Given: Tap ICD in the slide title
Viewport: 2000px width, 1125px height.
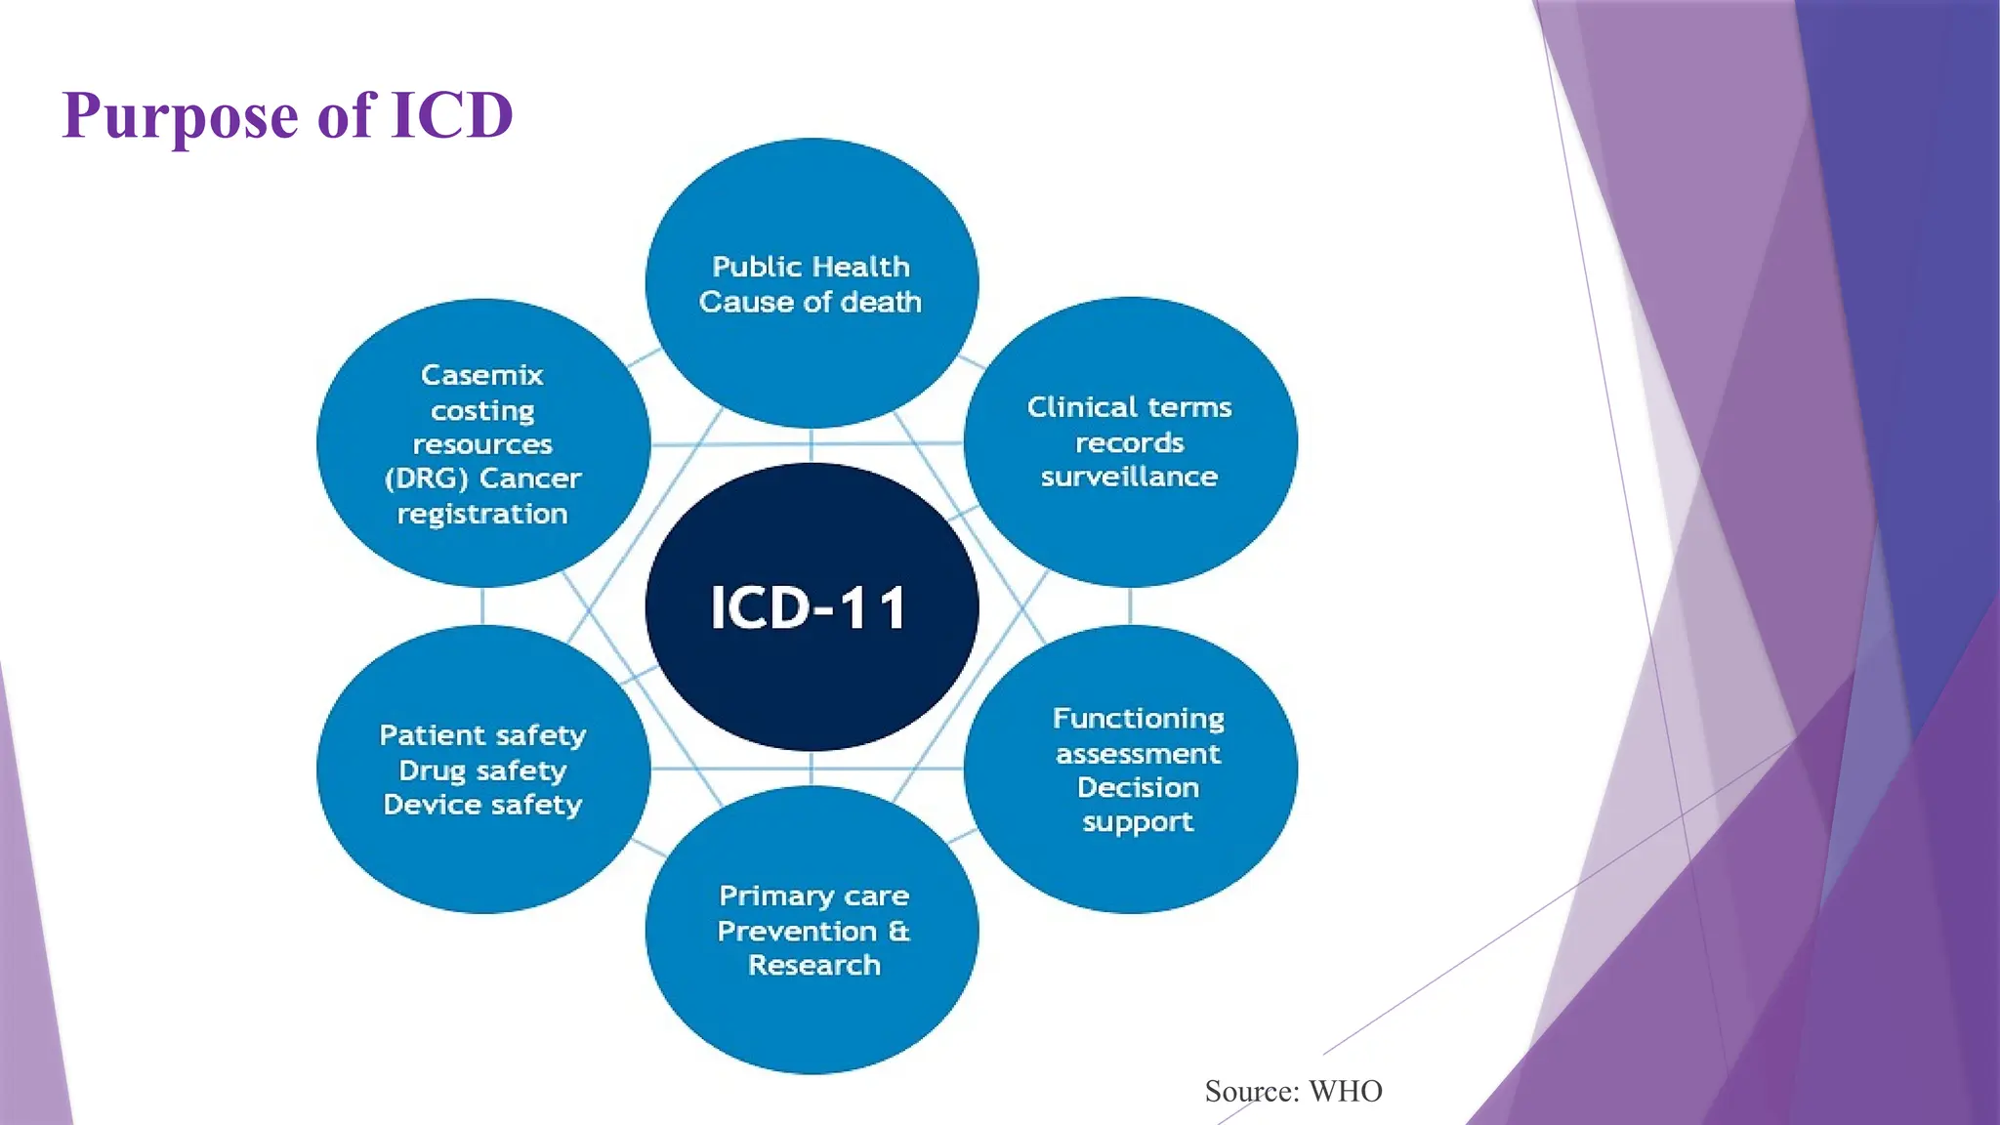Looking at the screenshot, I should (451, 115).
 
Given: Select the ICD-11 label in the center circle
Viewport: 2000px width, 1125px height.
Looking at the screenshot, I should (810, 607).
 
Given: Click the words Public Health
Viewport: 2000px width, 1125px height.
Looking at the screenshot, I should (811, 267).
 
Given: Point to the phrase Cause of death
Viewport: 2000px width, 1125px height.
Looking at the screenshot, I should (810, 302).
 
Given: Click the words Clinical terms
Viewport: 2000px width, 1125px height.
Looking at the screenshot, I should (1129, 407).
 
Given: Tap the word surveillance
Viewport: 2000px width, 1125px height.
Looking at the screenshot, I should (1129, 477).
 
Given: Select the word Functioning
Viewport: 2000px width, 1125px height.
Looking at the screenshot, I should (1138, 719).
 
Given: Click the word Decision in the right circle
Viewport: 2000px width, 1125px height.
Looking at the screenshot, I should (1138, 787).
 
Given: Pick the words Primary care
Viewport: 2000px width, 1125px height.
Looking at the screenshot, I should (813, 896).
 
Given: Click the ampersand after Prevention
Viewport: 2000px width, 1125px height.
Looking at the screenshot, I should (899, 931).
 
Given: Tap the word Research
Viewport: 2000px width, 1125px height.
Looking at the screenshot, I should (813, 965).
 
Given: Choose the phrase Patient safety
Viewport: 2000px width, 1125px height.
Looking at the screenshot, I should (482, 735).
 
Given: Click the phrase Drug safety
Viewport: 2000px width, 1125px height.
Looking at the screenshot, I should (482, 771).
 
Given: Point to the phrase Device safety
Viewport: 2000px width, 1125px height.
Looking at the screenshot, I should (482, 805).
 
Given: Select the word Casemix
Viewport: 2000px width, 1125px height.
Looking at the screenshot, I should (481, 375).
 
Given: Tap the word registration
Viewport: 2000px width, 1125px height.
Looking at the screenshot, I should (481, 514).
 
